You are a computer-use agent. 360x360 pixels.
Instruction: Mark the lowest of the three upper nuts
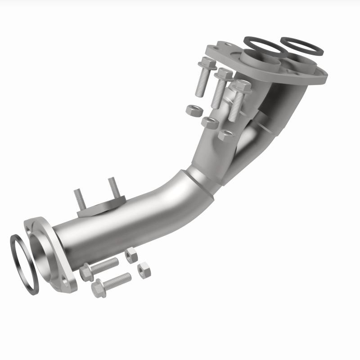point(225,134)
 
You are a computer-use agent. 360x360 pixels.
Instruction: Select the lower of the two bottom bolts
point(111,283)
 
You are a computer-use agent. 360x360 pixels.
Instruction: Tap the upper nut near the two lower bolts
point(131,255)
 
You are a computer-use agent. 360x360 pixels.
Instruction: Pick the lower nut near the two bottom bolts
point(144,271)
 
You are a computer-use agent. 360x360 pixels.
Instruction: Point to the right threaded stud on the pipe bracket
point(112,188)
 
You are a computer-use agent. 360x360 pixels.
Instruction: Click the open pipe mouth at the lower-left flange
point(43,250)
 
